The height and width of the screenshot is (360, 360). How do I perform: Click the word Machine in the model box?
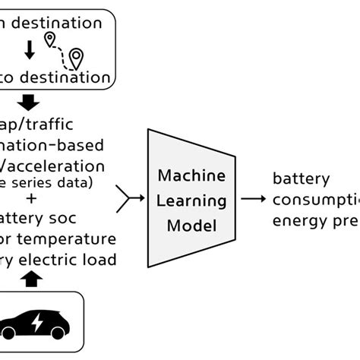tap(191, 176)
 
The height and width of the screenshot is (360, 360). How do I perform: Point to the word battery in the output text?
tap(302, 180)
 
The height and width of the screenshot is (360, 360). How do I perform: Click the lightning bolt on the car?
tap(36, 324)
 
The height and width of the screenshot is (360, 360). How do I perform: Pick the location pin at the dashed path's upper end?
tap(52, 39)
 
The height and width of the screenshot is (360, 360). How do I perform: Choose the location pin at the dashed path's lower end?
tap(76, 58)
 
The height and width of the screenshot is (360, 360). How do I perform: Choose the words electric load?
tap(76, 261)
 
